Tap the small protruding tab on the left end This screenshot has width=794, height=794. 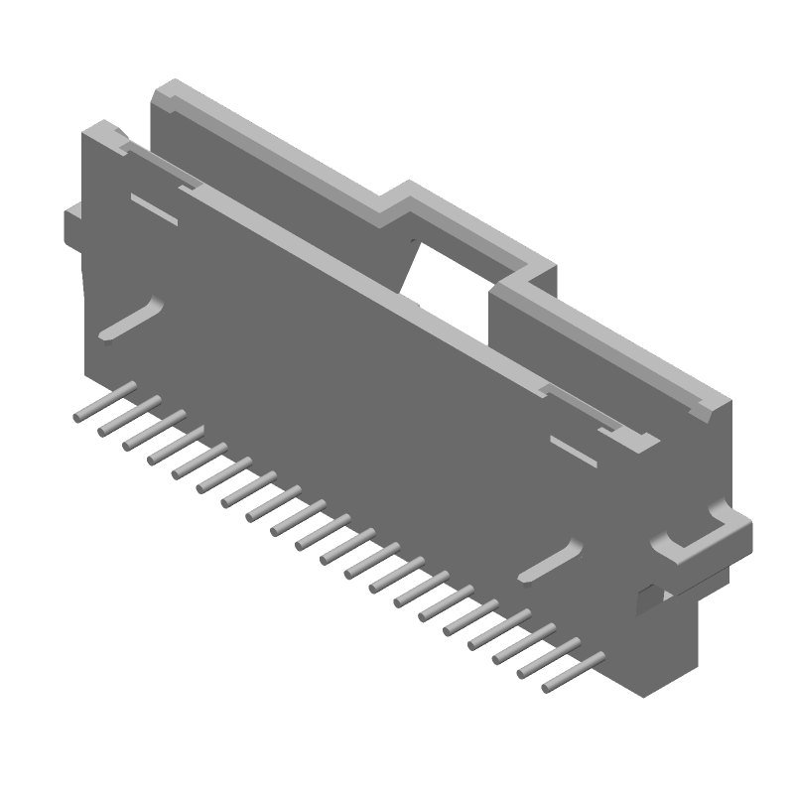click(73, 223)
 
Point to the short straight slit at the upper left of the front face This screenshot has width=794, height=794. click(154, 208)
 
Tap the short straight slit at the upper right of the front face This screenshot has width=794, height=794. click(573, 450)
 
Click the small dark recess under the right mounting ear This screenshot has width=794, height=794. click(646, 595)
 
